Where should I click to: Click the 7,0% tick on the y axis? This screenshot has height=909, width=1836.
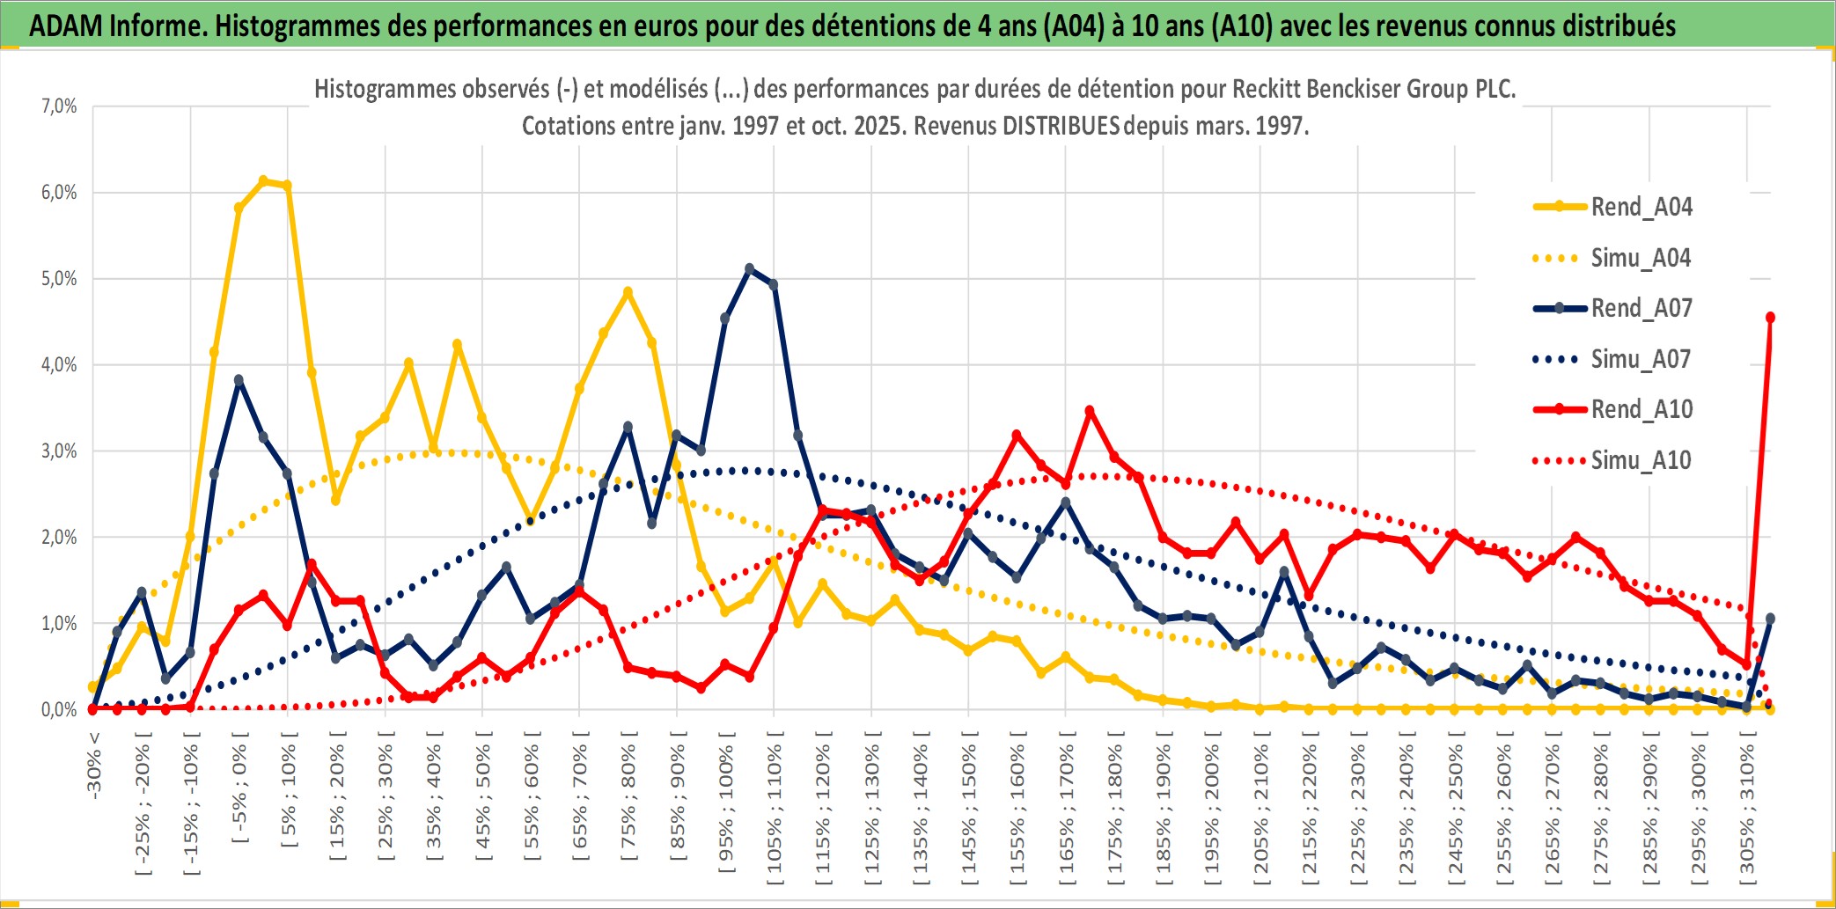(59, 106)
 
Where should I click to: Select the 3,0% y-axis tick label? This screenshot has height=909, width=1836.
(59, 451)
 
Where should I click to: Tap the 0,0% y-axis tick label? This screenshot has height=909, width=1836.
(59, 709)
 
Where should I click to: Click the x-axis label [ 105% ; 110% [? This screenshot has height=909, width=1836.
(774, 810)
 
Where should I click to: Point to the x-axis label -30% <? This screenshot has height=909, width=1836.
(94, 766)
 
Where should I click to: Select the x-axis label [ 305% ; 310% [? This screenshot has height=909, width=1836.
(1747, 810)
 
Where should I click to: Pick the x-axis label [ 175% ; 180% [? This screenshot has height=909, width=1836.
(1114, 810)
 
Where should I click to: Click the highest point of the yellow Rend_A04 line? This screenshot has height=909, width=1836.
(263, 180)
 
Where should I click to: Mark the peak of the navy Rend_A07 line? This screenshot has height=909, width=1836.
(749, 268)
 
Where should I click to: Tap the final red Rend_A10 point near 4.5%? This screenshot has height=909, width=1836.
(1770, 318)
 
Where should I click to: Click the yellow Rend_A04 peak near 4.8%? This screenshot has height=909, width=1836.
(628, 292)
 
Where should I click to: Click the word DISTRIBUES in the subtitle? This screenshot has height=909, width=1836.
(1061, 126)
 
